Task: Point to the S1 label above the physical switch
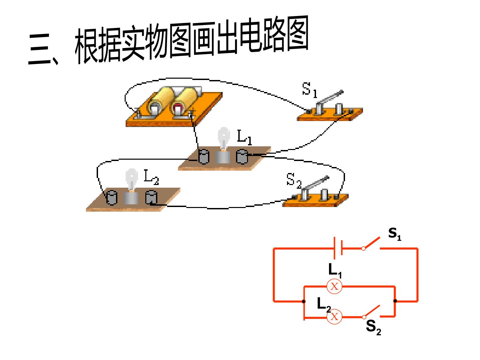point(309,90)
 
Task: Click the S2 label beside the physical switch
point(294,181)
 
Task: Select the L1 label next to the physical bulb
point(244,137)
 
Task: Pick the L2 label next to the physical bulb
point(151,177)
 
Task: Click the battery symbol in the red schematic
point(338,248)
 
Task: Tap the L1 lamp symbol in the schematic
point(334,286)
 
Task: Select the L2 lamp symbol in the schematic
point(334,317)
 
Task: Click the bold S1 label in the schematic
point(395,234)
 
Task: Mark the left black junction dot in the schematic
point(304,301)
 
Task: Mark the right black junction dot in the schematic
point(395,301)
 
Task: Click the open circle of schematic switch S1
point(363,249)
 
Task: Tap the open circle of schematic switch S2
point(364,317)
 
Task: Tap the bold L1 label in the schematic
point(335,270)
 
